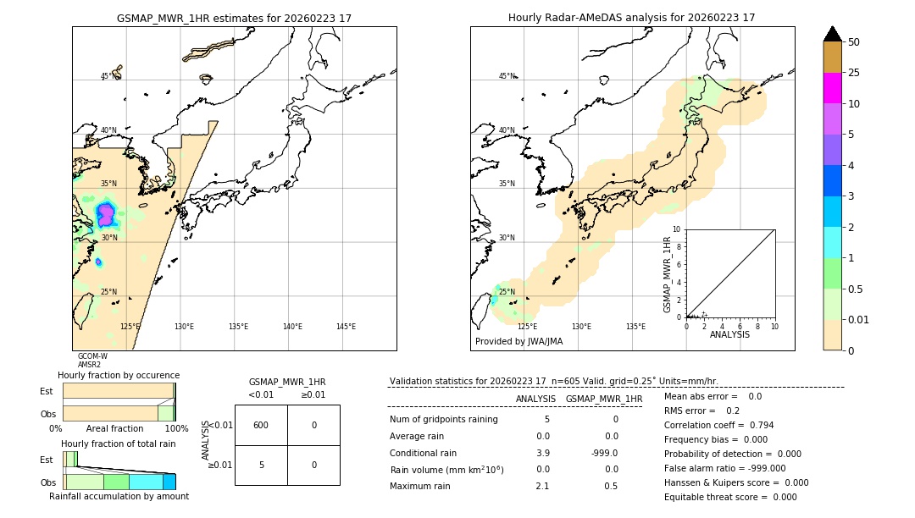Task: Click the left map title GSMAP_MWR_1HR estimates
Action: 234,18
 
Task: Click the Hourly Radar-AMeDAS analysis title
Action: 631,18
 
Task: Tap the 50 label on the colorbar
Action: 854,42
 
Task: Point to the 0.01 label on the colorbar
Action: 859,319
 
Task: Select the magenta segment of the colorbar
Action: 832,88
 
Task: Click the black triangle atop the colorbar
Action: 832,34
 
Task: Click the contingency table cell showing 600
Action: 261,425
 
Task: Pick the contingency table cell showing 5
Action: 261,465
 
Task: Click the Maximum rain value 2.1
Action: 542,486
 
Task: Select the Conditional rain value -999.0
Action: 604,453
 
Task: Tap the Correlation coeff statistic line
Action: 718,425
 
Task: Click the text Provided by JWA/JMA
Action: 518,342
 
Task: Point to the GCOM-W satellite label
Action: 92,356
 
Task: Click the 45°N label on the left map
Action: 108,76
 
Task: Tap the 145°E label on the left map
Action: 346,327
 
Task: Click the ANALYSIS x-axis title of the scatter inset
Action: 729,335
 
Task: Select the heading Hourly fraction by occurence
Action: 119,375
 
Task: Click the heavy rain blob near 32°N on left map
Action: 106,213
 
